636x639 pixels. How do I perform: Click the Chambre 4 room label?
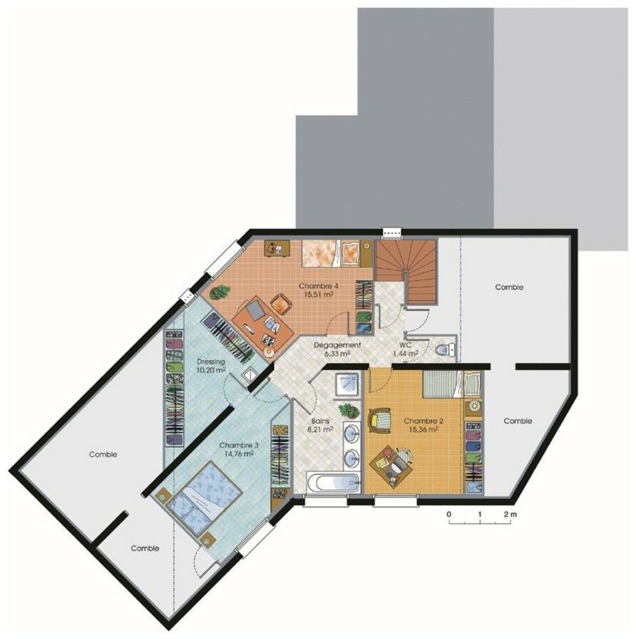(x=319, y=286)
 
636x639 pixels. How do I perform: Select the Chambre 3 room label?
(x=238, y=445)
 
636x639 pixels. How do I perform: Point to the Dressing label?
(x=210, y=362)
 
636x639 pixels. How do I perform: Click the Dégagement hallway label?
(x=337, y=345)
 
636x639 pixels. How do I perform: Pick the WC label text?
(x=406, y=345)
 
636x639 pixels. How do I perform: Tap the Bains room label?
(x=319, y=421)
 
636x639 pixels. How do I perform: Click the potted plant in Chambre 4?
(x=220, y=291)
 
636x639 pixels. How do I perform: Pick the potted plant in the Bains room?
(x=349, y=411)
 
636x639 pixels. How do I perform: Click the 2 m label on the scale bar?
(x=509, y=514)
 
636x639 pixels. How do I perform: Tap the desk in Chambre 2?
(x=393, y=461)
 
